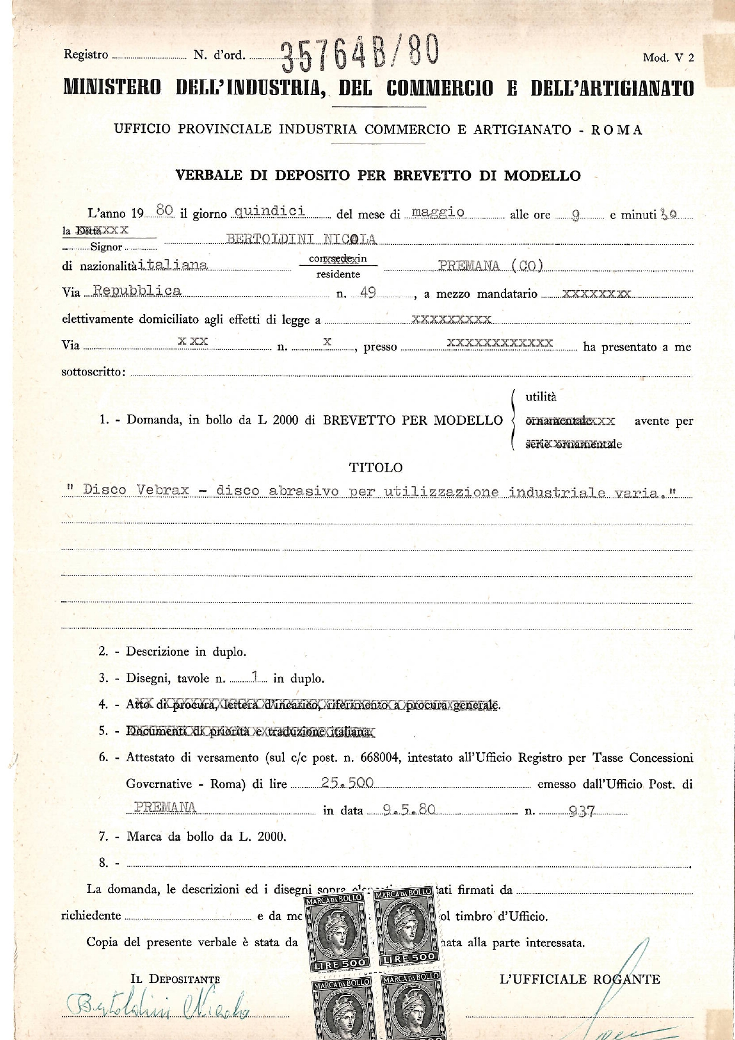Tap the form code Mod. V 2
pyautogui.click(x=668, y=58)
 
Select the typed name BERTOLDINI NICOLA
pyautogui.click(x=301, y=239)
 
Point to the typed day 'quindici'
pyautogui.click(x=270, y=211)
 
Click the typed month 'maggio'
pyautogui.click(x=437, y=212)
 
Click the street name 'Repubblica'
pyautogui.click(x=138, y=291)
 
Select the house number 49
pyautogui.click(x=367, y=292)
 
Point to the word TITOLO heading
pyautogui.click(x=376, y=467)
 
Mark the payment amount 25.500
pyautogui.click(x=347, y=783)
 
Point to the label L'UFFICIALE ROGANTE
pyautogui.click(x=580, y=979)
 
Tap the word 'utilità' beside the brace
pyautogui.click(x=541, y=397)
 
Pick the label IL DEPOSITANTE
pyautogui.click(x=175, y=979)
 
